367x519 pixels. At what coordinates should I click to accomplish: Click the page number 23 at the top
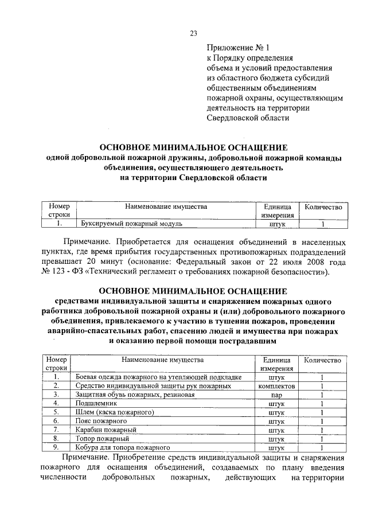[x=193, y=33]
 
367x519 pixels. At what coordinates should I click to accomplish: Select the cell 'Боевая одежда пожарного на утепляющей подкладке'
[x=158, y=377]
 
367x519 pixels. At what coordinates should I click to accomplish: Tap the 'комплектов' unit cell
[x=276, y=386]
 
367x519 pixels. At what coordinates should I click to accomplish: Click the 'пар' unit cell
[x=276, y=395]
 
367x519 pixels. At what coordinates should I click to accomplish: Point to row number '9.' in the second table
[x=56, y=447]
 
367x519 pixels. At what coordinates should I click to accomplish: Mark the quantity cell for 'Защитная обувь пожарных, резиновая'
[x=322, y=395]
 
